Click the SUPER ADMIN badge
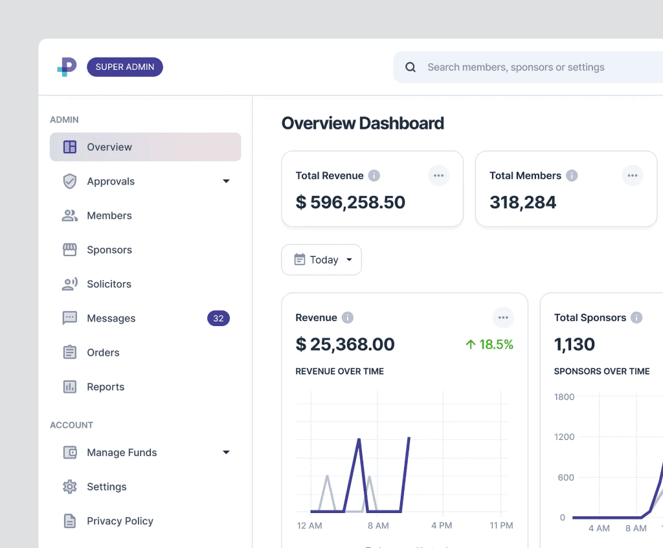click(125, 67)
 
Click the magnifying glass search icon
click(410, 67)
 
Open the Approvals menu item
click(111, 181)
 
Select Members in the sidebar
click(109, 215)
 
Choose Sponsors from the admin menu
click(109, 250)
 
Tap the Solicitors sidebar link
click(109, 284)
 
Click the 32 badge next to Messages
click(218, 318)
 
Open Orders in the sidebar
click(103, 353)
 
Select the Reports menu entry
click(106, 387)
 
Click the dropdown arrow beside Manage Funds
click(226, 452)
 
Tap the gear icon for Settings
click(69, 487)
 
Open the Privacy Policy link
click(120, 521)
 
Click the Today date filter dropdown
click(322, 259)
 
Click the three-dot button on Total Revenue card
click(438, 175)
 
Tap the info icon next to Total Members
click(572, 175)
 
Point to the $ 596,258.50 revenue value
click(350, 203)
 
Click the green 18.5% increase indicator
click(489, 345)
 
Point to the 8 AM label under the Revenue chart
click(377, 525)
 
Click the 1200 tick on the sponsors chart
click(564, 437)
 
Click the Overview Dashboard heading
click(363, 123)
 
